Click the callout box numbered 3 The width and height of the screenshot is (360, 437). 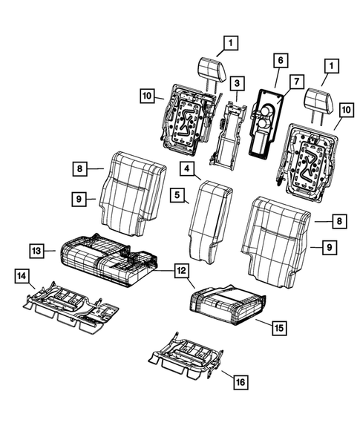coord(237,82)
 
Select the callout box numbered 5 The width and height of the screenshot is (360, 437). coord(178,196)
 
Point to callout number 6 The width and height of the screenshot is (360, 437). coord(280,59)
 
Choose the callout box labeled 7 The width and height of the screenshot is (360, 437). coord(296,80)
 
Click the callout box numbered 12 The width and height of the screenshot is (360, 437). coord(181,272)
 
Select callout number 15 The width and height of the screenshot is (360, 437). coord(278,326)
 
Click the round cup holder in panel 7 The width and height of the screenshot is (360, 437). coord(264,111)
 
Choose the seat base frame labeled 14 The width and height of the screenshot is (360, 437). coord(71,304)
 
